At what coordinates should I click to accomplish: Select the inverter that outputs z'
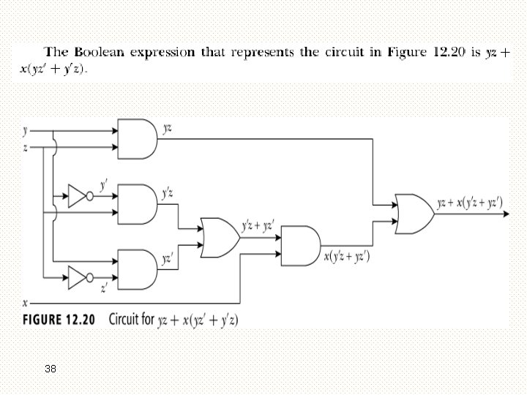(x=79, y=276)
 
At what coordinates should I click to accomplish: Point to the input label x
(x=26, y=301)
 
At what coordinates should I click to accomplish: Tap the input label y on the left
(x=26, y=132)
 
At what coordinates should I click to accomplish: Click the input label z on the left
(x=26, y=147)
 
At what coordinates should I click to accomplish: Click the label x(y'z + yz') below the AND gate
(x=346, y=256)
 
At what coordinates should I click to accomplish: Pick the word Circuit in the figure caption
(x=126, y=320)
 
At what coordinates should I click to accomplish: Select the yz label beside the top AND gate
(x=168, y=129)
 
